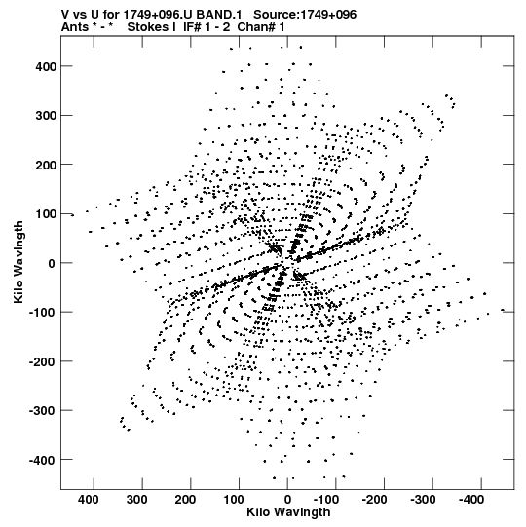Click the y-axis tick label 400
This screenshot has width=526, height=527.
[46, 67]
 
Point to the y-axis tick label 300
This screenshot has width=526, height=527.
[46, 116]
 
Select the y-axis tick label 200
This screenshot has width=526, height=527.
[46, 165]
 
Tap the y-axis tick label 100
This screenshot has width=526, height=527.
[46, 214]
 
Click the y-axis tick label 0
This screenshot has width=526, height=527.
[52, 263]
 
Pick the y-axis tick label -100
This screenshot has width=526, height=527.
[43, 313]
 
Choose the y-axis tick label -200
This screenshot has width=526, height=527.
[43, 361]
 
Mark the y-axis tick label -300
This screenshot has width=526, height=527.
[43, 411]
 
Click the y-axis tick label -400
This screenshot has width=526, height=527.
[43, 460]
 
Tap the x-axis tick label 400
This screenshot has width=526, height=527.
[89, 500]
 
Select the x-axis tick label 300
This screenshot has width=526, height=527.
[136, 500]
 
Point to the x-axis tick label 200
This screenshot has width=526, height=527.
[185, 500]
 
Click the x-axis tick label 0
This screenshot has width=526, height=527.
[287, 500]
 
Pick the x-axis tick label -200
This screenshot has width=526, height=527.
[374, 500]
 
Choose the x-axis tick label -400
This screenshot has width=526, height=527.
[471, 500]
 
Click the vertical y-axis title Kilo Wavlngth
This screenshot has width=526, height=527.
[19, 262]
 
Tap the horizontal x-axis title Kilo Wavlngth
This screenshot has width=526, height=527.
[288, 512]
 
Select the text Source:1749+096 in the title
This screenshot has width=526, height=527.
[305, 15]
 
